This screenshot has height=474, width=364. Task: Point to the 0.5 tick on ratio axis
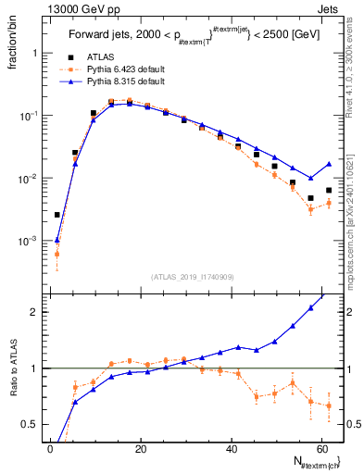28,424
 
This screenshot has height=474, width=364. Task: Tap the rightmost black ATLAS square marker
329,190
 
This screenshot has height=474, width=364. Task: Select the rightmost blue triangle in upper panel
329,164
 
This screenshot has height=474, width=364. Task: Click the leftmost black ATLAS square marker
57,215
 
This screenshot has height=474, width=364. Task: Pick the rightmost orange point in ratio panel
329,407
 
